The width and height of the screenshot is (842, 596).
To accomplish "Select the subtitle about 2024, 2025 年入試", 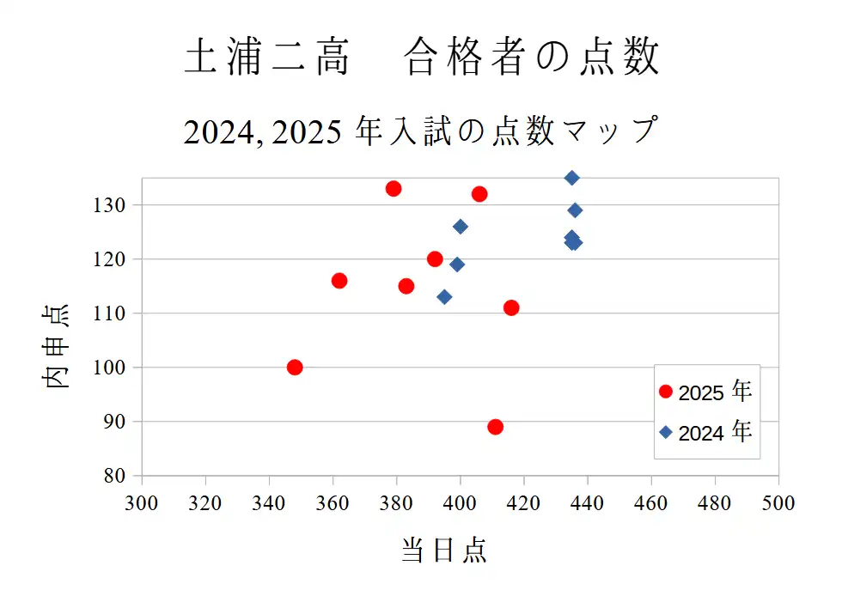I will [x=420, y=131].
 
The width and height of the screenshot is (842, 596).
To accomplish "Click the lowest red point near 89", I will [x=495, y=427].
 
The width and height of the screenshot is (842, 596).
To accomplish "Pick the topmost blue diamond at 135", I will [x=571, y=178].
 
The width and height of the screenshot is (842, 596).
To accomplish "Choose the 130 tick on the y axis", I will [x=113, y=205].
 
